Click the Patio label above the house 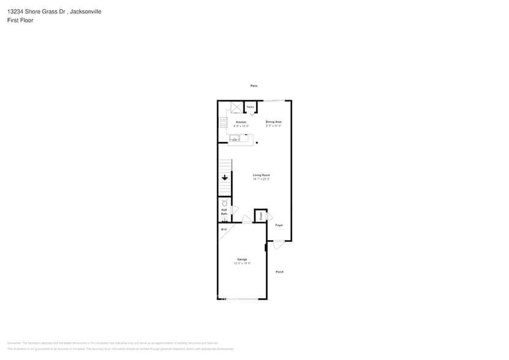click(x=254, y=86)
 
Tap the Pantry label click(x=251, y=107)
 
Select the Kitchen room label click(x=241, y=122)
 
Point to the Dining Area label click(x=273, y=122)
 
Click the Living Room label click(x=262, y=176)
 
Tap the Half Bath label click(x=224, y=212)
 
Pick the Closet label click(x=261, y=216)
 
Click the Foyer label click(x=279, y=225)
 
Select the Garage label click(x=242, y=259)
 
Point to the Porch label click(x=279, y=272)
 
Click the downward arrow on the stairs click(x=225, y=178)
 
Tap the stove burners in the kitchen click(x=222, y=122)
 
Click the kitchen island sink click(x=235, y=139)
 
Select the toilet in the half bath click(x=224, y=202)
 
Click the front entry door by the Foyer click(x=277, y=244)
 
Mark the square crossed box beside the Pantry click(x=237, y=108)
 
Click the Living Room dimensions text click(x=262, y=179)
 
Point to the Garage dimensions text click(x=242, y=263)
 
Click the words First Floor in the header click(x=20, y=20)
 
